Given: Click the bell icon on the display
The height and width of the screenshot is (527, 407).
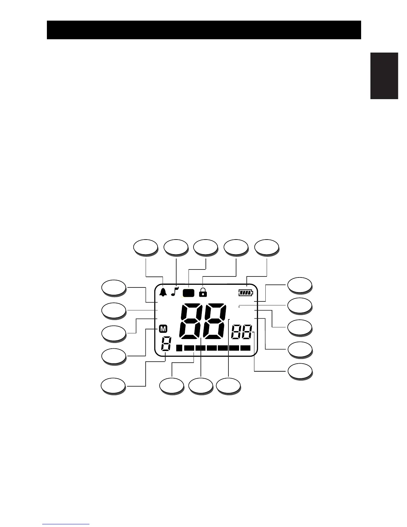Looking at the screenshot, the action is pos(163,292).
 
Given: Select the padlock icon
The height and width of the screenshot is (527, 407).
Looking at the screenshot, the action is pos(203,292).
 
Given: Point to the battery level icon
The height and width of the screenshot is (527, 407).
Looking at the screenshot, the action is pos(246,293).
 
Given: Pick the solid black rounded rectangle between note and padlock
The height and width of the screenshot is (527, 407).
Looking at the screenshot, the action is pos(189,293).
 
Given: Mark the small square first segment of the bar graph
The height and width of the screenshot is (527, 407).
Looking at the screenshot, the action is pos(179,348).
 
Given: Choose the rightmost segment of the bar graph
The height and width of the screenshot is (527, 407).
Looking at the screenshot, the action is pos(245,348).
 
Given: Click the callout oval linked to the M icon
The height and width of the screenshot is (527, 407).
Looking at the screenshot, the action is pos(114,356).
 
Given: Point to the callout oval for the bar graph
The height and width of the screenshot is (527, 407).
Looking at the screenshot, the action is pos(171,386).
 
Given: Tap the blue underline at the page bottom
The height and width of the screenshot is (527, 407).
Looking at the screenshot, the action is pos(66,524).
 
